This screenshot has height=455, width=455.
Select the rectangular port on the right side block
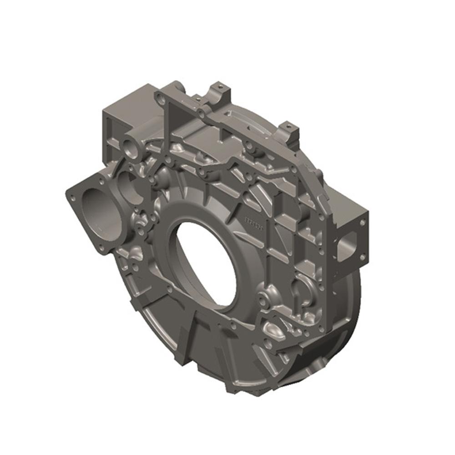pos(349,241)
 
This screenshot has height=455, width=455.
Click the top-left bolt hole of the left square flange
pos(71,197)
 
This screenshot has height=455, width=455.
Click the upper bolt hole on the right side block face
pos(362,222)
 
